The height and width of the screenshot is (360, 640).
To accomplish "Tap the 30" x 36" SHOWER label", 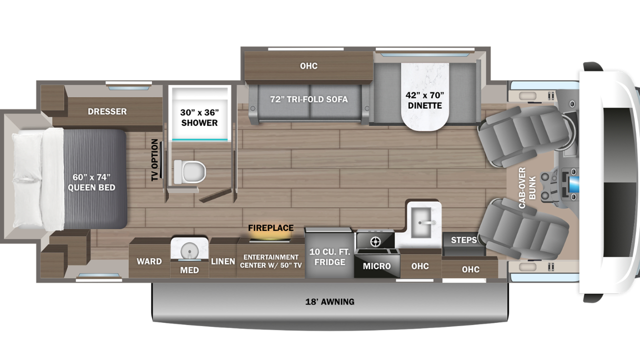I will pyautogui.click(x=199, y=117).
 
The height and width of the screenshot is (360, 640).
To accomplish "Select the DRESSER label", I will pyautogui.click(x=107, y=111).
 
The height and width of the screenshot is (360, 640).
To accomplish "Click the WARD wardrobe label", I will pyautogui.click(x=149, y=261).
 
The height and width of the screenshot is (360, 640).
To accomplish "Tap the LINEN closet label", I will pyautogui.click(x=223, y=261).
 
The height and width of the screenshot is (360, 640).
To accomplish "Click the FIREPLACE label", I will pyautogui.click(x=270, y=228).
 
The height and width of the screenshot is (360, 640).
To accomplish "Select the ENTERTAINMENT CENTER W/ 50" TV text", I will pyautogui.click(x=270, y=261).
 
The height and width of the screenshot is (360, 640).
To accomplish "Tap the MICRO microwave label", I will pyautogui.click(x=377, y=265).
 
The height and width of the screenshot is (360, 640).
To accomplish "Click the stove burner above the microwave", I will pyautogui.click(x=374, y=242).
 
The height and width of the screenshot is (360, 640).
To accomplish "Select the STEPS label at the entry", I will pyautogui.click(x=463, y=240).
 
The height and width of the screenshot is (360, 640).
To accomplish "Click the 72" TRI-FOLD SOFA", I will pyautogui.click(x=308, y=99).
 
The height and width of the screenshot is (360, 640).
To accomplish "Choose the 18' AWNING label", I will pyautogui.click(x=329, y=301).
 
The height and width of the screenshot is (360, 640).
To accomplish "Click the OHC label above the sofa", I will pyautogui.click(x=308, y=66).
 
